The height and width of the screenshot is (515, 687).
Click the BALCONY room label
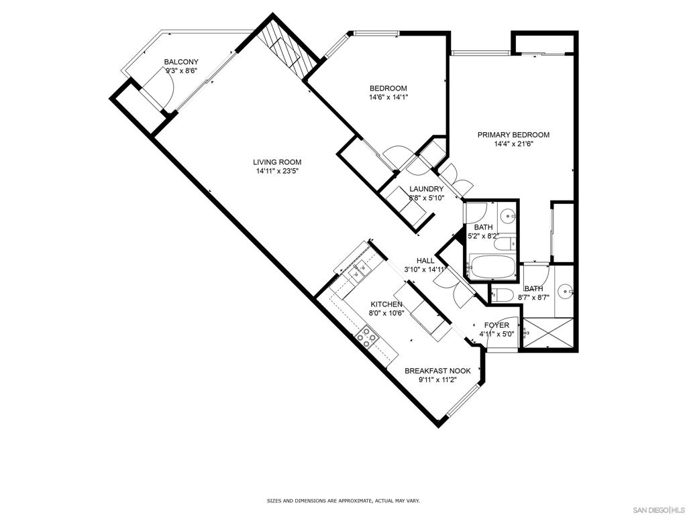click(181, 62)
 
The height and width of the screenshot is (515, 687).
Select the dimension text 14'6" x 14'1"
click(388, 97)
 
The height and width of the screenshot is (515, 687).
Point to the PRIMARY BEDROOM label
click(513, 135)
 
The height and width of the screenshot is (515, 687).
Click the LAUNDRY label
click(426, 188)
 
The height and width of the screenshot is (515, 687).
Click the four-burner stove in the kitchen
click(366, 338)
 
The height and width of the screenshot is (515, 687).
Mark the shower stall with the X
click(547, 333)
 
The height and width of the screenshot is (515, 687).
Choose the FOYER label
click(496, 325)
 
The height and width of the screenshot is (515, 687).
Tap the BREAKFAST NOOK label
click(437, 371)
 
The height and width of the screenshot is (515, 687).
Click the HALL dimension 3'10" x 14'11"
click(425, 270)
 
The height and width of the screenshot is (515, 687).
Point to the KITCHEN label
click(386, 304)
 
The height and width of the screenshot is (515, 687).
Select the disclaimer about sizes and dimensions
click(343, 500)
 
